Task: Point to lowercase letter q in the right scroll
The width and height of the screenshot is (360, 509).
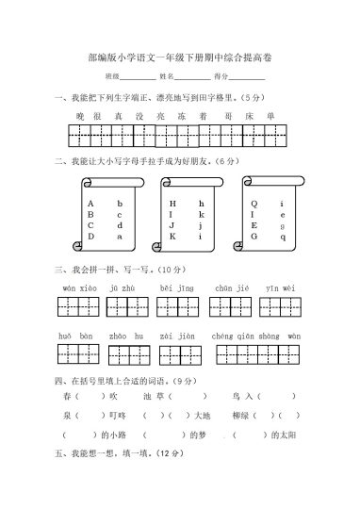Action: point(282,238)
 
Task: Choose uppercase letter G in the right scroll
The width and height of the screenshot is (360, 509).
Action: point(254,238)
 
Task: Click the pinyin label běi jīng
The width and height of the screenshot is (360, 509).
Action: point(177,287)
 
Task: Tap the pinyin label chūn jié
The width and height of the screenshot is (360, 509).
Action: point(231,287)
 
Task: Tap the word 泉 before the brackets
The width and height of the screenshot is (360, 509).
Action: point(66,416)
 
